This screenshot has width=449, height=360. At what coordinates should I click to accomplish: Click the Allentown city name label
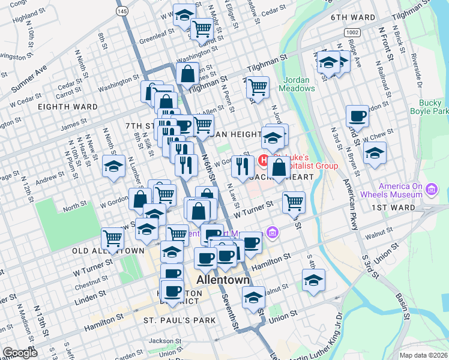(x=223, y=281)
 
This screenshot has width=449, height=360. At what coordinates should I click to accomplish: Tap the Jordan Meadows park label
(x=297, y=84)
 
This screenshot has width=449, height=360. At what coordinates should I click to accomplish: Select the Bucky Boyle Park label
(x=429, y=107)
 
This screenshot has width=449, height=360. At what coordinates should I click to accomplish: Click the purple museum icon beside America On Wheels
(x=431, y=191)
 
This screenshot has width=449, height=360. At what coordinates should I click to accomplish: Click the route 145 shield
(x=122, y=11)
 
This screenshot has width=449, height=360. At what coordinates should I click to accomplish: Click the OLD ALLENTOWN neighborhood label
(x=108, y=250)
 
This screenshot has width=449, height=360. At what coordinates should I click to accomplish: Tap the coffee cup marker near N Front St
(x=357, y=116)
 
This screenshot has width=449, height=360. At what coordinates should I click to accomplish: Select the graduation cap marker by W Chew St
(x=375, y=154)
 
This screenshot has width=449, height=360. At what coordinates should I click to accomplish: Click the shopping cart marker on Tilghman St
(x=258, y=87)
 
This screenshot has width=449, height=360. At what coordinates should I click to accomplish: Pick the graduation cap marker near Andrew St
(x=112, y=167)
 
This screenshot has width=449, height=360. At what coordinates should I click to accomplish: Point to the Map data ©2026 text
(x=423, y=355)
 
